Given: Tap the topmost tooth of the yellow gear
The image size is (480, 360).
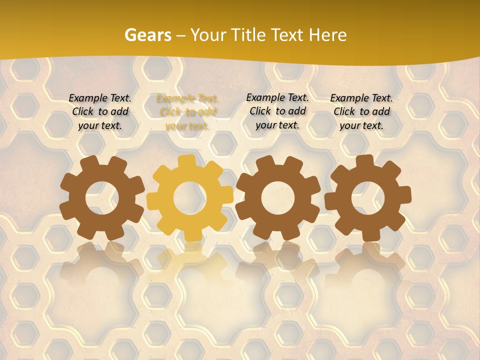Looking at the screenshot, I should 187,161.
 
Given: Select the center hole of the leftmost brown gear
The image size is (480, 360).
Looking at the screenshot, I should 102,198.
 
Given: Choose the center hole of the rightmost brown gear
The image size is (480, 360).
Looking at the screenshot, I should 367,198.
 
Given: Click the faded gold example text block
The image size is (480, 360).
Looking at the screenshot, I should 187,112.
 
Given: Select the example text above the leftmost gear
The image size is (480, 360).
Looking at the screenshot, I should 100,112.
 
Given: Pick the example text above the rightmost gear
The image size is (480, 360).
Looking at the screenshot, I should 361,112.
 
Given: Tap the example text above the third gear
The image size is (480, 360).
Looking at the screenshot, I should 277,111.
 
